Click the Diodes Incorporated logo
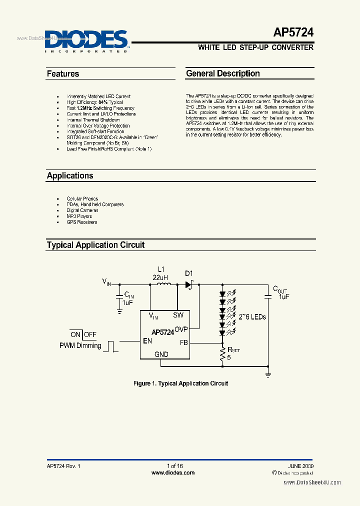[x=86, y=40]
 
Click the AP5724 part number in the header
[x=293, y=33]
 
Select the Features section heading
[x=63, y=74]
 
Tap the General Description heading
[x=223, y=73]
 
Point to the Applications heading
[x=70, y=176]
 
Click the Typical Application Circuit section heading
[x=95, y=245]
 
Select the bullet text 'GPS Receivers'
[x=82, y=222]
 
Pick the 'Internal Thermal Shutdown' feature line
[x=93, y=120]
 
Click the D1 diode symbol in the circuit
[x=189, y=284]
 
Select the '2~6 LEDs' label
[x=252, y=317]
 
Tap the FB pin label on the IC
[x=183, y=343]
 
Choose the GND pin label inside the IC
[x=161, y=354]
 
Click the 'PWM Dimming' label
[x=80, y=345]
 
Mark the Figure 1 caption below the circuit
[x=180, y=383]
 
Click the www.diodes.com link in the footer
[x=173, y=472]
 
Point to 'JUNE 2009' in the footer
[x=300, y=466]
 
